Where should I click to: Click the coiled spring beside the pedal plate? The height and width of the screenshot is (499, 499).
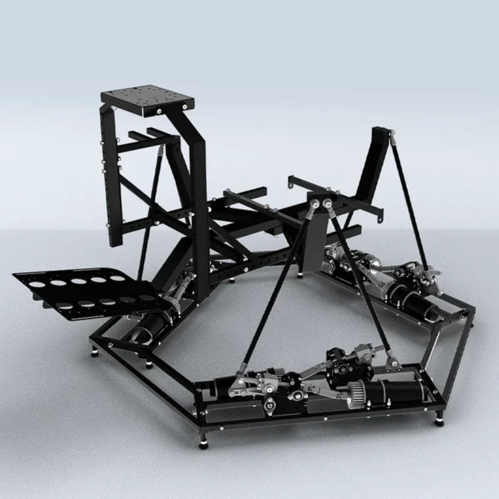click(x=177, y=305)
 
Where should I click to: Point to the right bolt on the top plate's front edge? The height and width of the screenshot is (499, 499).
click(x=185, y=109)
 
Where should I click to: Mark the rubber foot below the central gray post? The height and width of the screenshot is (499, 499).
click(x=304, y=271)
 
